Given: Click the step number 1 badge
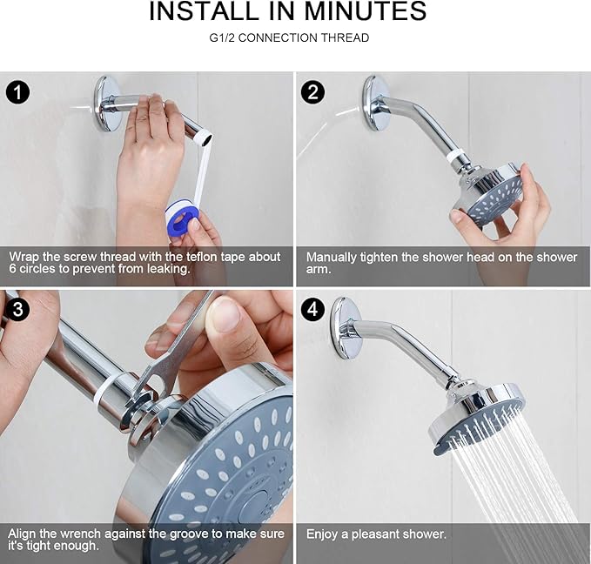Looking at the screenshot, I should tap(18, 91).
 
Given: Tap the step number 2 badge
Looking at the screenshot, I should tap(313, 91).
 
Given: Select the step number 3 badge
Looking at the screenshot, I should tap(18, 308).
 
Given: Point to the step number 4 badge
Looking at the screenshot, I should tap(313, 308).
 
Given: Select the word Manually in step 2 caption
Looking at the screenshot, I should tap(332, 258).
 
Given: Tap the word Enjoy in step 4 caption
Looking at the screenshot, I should tap(323, 534).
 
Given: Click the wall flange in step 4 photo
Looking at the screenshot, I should tap(346, 326).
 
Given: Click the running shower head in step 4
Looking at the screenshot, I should tap(476, 415).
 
